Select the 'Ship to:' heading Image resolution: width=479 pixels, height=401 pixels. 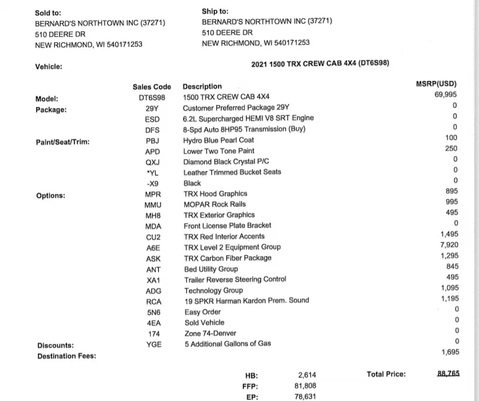tap(215, 11)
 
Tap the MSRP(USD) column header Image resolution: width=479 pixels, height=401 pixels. tap(436, 84)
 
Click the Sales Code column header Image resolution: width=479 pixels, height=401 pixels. tap(151, 87)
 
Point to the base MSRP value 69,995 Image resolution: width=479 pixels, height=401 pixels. tap(445, 94)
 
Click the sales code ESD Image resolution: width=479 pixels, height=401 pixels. tap(152, 119)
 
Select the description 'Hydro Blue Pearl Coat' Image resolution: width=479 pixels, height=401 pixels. tap(218, 141)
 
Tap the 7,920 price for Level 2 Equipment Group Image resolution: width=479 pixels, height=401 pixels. tap(448, 245)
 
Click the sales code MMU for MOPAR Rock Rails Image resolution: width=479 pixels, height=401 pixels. tap(153, 205)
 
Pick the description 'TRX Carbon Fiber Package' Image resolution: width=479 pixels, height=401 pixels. tap(227, 258)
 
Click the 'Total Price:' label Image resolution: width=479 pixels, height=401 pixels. tap(386, 374)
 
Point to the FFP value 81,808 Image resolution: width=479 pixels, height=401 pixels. tap(306, 385)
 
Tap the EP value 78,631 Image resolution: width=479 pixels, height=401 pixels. tap(306, 397)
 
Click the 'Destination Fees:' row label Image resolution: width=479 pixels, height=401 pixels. tap(67, 356)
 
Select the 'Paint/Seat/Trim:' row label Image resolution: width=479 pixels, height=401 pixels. tap(63, 142)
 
